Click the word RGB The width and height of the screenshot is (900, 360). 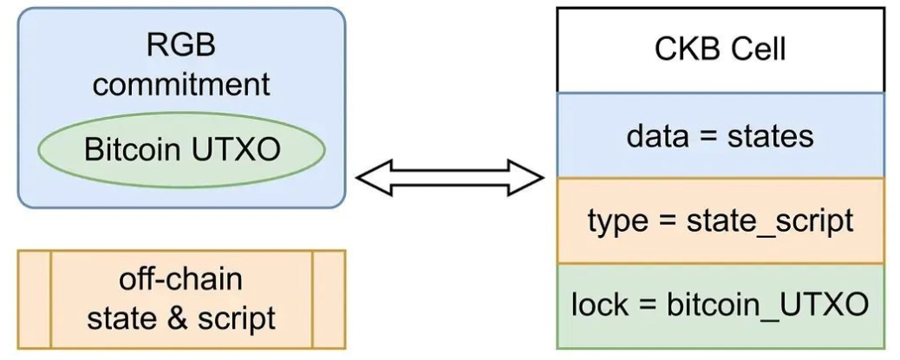point(181,45)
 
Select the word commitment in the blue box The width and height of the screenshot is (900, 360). point(181,84)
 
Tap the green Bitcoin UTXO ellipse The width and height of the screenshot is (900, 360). point(181,150)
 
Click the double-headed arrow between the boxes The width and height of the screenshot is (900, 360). point(450,178)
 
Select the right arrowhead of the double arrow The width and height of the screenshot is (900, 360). point(525,178)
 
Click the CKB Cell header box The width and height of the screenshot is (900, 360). point(721,50)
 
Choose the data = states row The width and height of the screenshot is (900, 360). point(721,135)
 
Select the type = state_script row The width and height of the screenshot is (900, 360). point(721,220)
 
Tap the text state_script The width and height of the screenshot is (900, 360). point(770,221)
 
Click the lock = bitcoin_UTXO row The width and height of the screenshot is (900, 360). point(721,306)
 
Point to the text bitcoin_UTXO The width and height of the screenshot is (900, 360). point(767,304)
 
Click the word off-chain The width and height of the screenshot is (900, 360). point(181,279)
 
